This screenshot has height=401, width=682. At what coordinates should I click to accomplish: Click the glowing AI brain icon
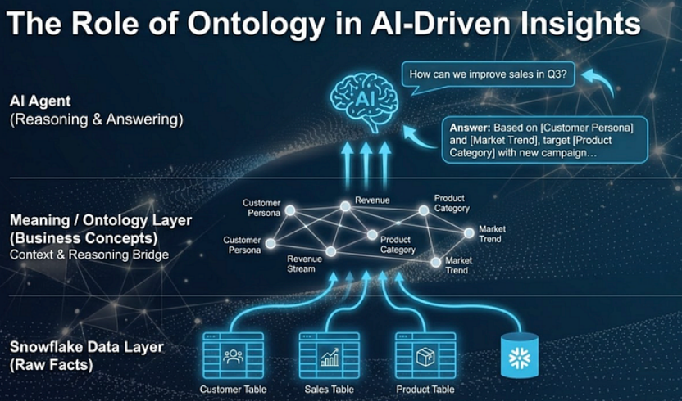(364, 99)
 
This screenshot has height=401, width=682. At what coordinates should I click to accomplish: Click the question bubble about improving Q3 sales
(492, 76)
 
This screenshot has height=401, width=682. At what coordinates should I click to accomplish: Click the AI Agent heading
(40, 101)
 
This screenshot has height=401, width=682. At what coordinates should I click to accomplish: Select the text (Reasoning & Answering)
(96, 119)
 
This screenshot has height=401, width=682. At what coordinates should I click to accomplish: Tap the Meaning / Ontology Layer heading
(101, 220)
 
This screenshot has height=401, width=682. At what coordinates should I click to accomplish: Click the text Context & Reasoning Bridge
(89, 255)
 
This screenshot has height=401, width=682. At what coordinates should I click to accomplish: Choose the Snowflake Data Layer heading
(87, 347)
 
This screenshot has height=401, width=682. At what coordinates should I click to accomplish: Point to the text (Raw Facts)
(51, 365)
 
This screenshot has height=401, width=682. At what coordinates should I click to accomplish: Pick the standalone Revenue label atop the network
(372, 200)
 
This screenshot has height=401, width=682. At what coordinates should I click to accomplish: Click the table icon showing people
(233, 356)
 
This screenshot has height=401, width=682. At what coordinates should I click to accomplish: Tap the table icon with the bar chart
(330, 356)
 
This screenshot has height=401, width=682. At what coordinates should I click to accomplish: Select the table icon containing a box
(425, 356)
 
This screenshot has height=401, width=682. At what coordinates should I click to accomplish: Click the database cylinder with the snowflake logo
(520, 356)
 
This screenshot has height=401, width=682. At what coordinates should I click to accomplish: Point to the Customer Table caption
(233, 390)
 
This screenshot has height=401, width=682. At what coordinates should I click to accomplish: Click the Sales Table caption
(330, 390)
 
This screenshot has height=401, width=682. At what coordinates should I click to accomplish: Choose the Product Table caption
(425, 390)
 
